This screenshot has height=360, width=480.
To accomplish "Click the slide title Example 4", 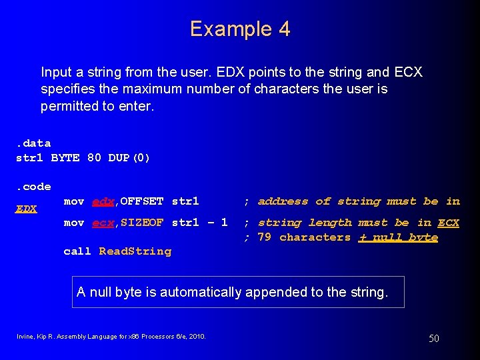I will [240, 29].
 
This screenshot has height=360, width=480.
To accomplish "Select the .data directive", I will [33, 143].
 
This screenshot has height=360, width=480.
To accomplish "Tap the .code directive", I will [33, 187].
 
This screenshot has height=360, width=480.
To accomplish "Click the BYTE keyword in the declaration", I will [65, 158].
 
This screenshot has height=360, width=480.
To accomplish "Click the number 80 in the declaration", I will [94, 158].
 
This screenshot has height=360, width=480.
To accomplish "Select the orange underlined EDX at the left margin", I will [26, 209].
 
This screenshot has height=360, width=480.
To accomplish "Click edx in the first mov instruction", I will [102, 201].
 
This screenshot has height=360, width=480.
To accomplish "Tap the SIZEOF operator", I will [141, 223].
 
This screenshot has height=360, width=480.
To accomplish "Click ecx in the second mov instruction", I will [102, 223].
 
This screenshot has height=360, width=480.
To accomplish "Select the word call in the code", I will [77, 251].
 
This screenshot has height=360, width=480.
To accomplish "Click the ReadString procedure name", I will [135, 251].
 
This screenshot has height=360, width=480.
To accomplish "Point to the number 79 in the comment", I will [264, 237].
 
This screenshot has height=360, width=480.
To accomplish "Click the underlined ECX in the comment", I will [448, 223].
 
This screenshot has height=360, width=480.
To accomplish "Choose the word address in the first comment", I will [283, 201].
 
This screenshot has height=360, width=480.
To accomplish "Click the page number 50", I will [433, 339].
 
